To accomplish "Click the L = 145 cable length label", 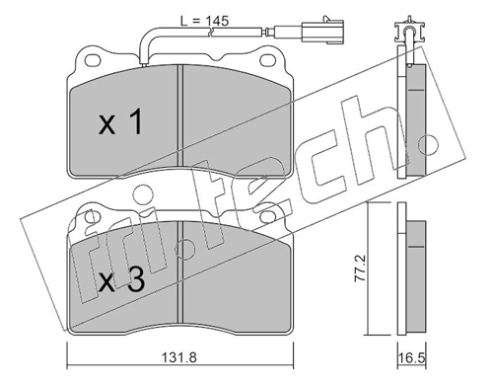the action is tap(204, 21).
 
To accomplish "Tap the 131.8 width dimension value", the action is tap(179, 357).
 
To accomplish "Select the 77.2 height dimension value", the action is tap(361, 269).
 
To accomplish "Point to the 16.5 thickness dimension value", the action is tap(411, 358).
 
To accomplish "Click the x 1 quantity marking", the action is tap(120, 122).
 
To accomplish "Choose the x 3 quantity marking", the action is tap(121, 279).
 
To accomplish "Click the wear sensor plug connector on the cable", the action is tap(324, 32).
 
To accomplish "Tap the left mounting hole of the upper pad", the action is tap(92, 60).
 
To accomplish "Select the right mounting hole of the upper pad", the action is tap(267, 60).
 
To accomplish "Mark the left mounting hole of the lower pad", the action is tap(92, 216).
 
